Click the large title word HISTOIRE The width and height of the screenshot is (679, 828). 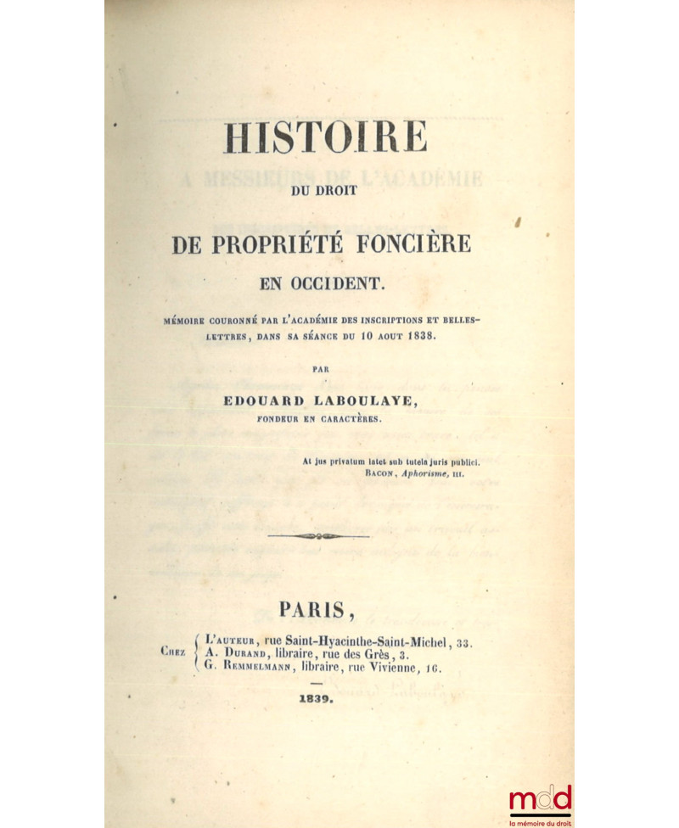point(325,136)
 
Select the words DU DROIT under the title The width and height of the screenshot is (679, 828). point(325,189)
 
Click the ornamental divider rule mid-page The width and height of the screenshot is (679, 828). point(318,536)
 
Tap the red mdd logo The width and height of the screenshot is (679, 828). point(541,801)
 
